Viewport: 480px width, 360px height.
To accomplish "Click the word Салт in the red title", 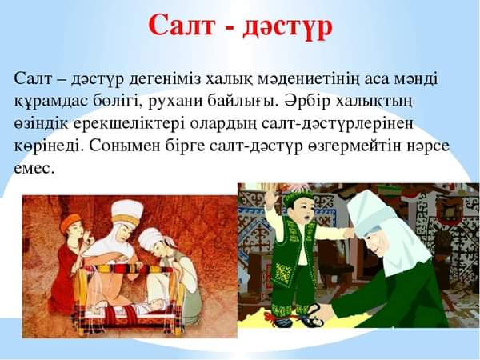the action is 182,25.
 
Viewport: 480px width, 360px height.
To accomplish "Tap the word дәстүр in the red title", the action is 287,27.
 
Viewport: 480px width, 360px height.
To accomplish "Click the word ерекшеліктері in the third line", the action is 129,124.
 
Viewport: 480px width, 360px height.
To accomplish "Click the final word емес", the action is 34,169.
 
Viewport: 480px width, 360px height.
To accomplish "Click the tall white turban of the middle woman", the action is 127,211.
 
